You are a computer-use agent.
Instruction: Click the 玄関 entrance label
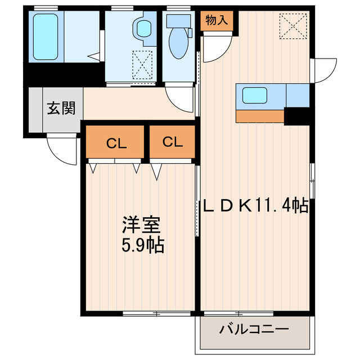point(61,109)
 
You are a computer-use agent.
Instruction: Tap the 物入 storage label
point(217,21)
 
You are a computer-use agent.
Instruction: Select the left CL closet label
point(116,143)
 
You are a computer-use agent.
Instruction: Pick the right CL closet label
point(173,142)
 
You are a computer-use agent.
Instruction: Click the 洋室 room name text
point(142,225)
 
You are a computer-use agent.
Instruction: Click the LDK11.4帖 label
point(255,206)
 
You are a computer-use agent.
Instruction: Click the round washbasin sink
point(145,28)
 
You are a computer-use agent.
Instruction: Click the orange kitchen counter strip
point(260,116)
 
